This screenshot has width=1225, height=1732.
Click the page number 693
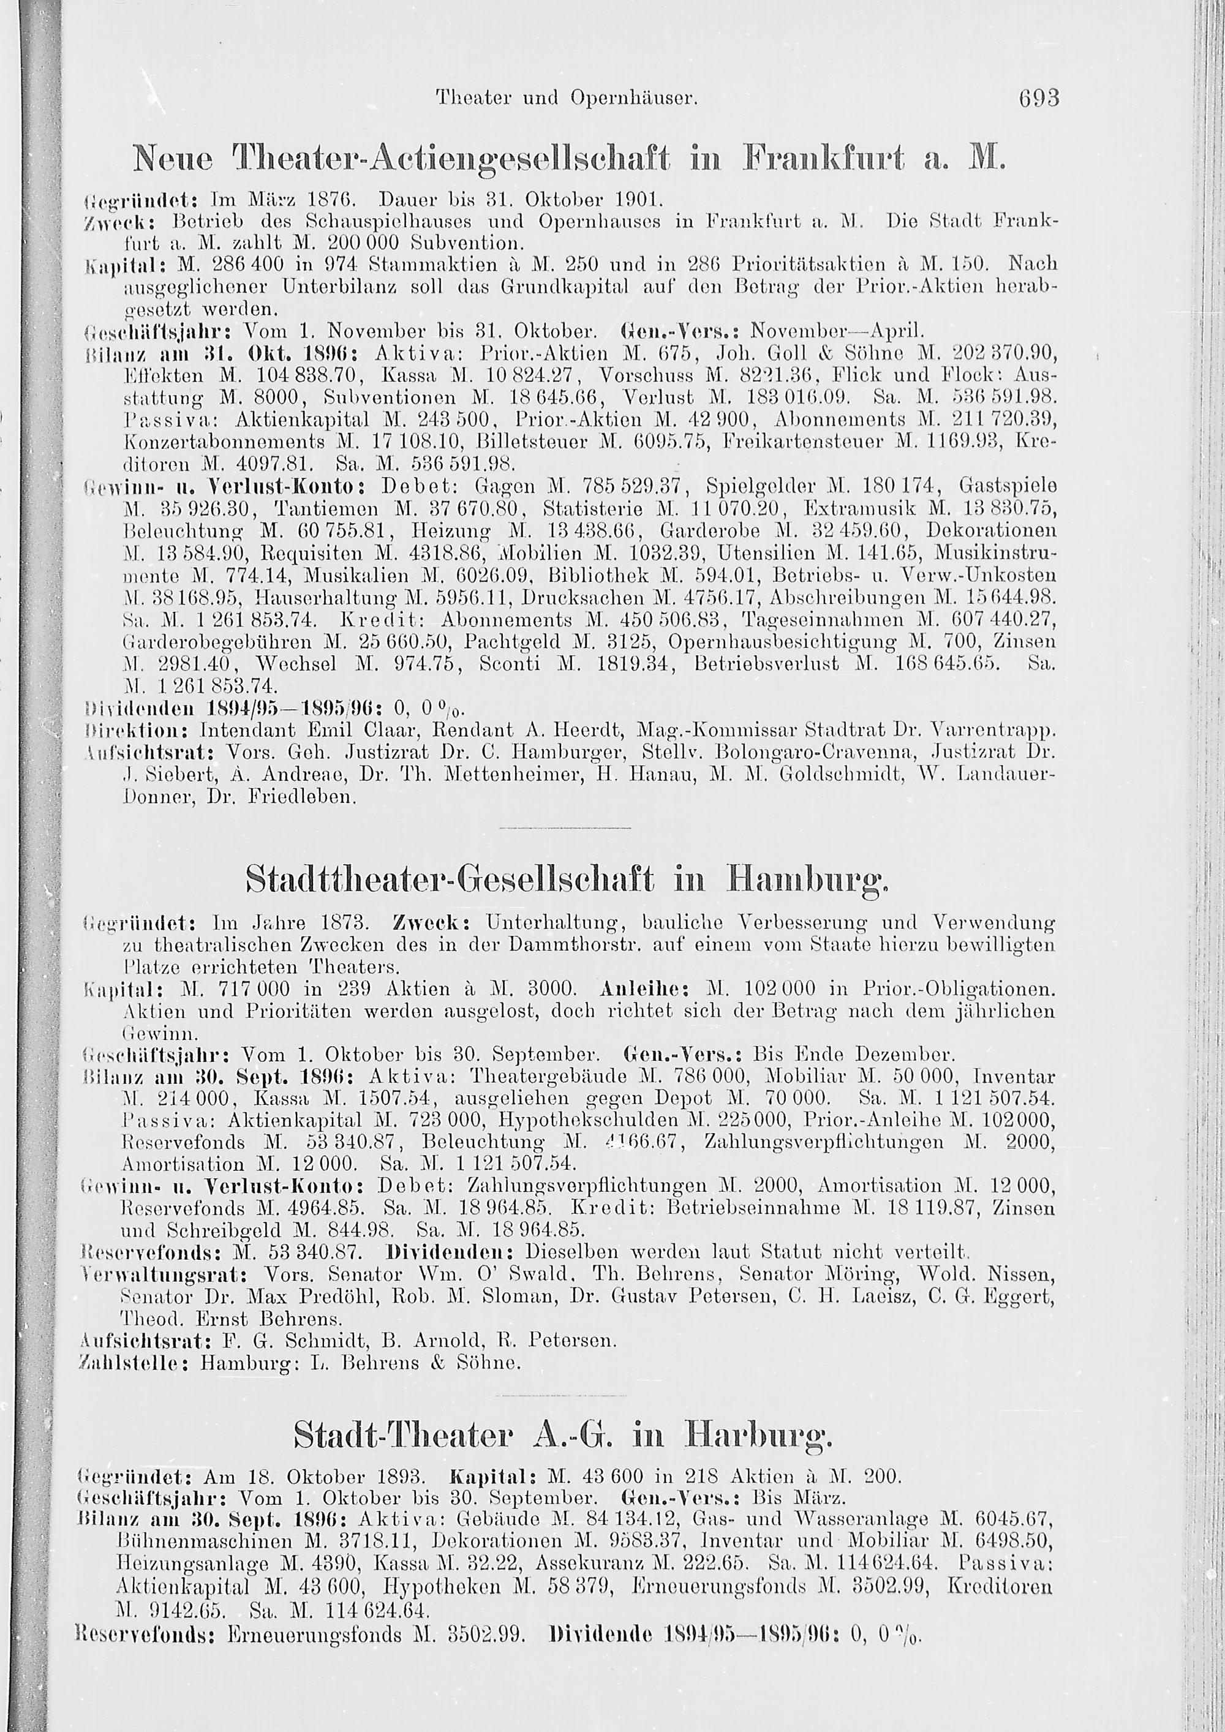tap(1039, 98)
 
